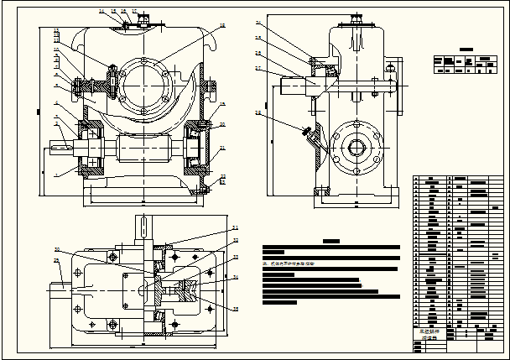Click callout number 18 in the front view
tap(223, 27)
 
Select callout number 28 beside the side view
tap(258, 112)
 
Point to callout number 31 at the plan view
tap(236, 228)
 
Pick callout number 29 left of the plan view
tap(56, 261)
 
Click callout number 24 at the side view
tap(258, 23)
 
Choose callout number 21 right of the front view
tap(222, 148)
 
